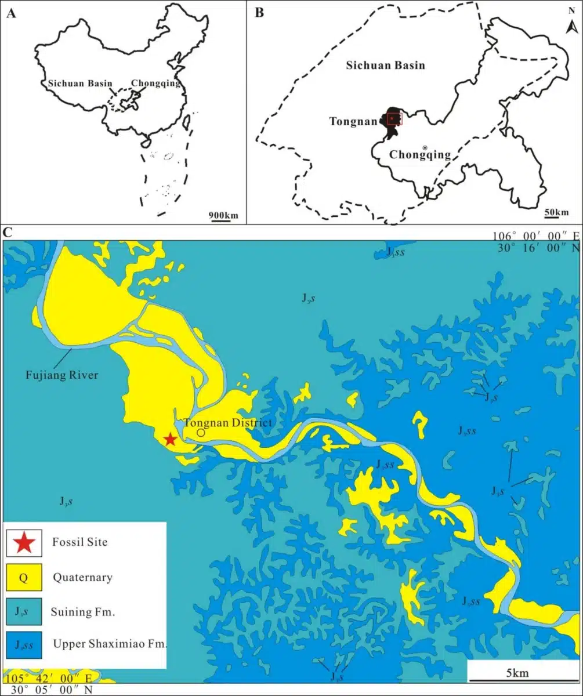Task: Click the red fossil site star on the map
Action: (169, 439)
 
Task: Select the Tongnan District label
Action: (227, 423)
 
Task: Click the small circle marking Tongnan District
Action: (201, 433)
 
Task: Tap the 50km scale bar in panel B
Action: (556, 216)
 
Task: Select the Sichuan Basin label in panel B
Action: (385, 65)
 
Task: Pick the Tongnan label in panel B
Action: (353, 122)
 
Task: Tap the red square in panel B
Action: (394, 119)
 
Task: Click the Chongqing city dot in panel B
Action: (425, 148)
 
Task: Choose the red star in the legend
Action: (24, 543)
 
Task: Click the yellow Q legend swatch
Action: (24, 577)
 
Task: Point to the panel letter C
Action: (8, 233)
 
